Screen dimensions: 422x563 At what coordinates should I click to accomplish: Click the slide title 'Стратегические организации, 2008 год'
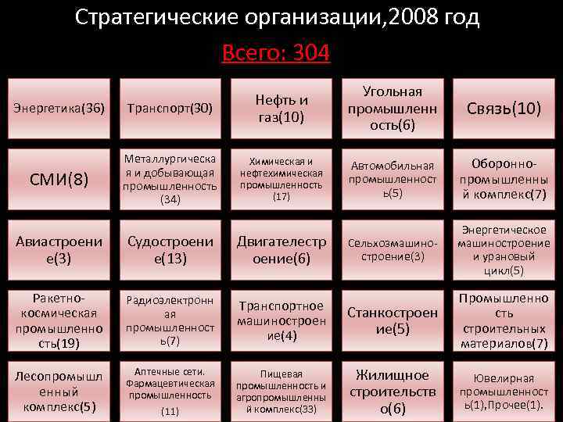[278, 17]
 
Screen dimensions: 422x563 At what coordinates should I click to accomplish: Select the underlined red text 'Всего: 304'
[276, 53]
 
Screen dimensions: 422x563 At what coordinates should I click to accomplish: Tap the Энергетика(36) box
[59, 108]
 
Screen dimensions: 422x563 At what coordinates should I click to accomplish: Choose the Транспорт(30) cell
[170, 108]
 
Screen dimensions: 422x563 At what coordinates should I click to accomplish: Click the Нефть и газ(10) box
[281, 108]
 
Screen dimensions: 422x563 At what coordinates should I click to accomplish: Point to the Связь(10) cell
[504, 108]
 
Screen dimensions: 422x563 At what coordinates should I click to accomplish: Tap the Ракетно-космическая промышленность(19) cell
[59, 321]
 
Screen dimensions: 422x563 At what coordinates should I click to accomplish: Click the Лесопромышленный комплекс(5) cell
[59, 390]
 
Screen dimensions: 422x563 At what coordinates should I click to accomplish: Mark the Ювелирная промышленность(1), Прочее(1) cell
[504, 390]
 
